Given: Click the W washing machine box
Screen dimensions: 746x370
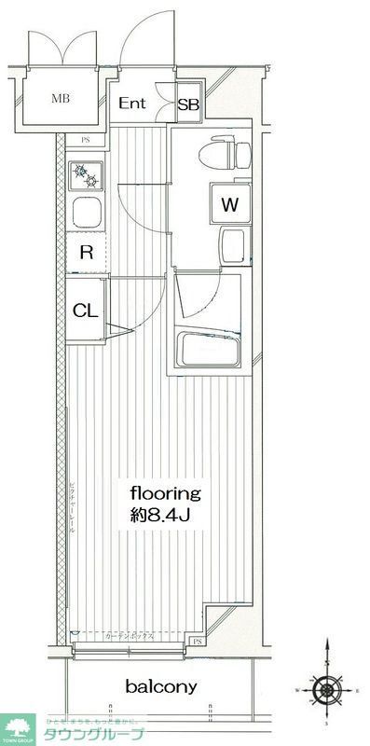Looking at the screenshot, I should click(x=228, y=203).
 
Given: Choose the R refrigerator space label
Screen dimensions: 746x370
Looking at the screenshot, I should click(x=85, y=252).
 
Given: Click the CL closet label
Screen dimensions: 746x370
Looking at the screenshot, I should click(x=85, y=311).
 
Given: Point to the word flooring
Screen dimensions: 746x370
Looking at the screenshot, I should click(x=166, y=492).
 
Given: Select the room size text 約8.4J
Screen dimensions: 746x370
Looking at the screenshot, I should click(x=166, y=514).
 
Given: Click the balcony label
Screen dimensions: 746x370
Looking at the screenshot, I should click(x=161, y=687).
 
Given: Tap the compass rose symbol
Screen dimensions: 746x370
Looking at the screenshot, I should click(x=326, y=691).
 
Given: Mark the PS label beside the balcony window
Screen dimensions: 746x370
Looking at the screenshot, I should click(x=198, y=643).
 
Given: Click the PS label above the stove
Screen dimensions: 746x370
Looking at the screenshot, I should click(x=86, y=142).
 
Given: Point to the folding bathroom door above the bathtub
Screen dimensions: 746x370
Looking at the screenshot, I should click(x=199, y=299).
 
